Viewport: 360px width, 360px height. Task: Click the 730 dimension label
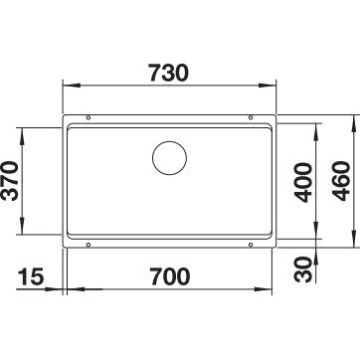tap(168, 73)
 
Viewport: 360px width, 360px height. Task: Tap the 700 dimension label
tap(170, 276)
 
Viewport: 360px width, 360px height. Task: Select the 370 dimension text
tap(10, 181)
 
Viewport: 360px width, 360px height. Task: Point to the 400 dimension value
tap(304, 182)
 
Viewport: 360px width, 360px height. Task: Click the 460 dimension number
tap(341, 181)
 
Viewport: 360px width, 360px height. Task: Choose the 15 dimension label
tap(31, 276)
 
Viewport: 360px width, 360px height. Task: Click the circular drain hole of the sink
tap(169, 158)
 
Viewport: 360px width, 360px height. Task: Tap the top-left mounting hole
tap(89, 117)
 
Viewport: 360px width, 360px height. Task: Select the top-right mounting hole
tap(251, 117)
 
